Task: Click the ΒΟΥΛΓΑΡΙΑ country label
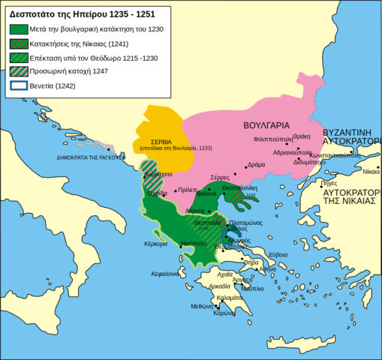click(x=267, y=125)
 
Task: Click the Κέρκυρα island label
click(x=155, y=244)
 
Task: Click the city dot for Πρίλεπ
click(x=176, y=191)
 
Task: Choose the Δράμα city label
click(x=256, y=164)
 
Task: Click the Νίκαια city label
click(x=371, y=172)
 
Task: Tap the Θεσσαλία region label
click(x=206, y=223)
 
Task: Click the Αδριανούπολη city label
click(x=296, y=151)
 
